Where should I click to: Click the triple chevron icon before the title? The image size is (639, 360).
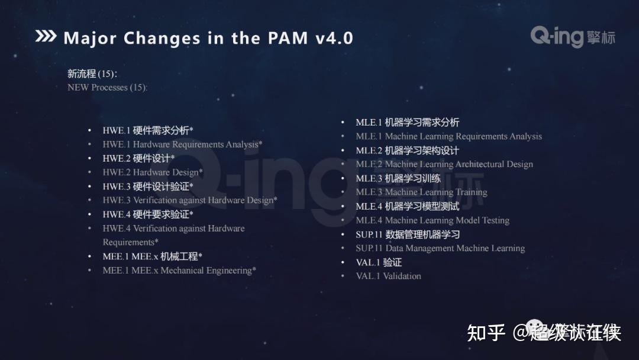click(x=46, y=37)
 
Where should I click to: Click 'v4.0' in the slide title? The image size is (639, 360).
click(x=334, y=38)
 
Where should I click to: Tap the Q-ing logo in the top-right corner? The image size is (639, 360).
click(x=572, y=37)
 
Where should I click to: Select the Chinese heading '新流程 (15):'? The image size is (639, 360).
click(x=92, y=74)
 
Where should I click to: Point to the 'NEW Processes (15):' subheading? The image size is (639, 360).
click(x=107, y=88)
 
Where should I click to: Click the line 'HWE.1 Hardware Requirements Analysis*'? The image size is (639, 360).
click(x=182, y=144)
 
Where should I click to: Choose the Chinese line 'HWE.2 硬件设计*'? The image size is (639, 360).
click(x=138, y=159)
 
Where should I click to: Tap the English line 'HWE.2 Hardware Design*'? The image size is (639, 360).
click(x=153, y=172)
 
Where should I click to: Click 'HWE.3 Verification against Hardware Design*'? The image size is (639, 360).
click(x=189, y=200)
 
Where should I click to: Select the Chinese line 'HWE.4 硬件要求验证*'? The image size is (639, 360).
click(x=148, y=214)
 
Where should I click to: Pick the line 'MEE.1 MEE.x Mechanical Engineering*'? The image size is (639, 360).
click(x=179, y=271)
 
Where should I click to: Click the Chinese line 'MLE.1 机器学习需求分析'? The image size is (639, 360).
click(x=407, y=123)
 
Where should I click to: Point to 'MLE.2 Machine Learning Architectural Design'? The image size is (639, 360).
click(x=444, y=165)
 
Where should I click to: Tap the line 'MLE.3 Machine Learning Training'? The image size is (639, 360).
click(x=421, y=192)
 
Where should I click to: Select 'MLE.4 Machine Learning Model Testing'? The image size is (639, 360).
click(x=433, y=220)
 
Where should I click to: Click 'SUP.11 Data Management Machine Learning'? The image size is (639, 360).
click(x=440, y=249)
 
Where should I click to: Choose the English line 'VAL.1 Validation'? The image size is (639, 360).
click(x=388, y=277)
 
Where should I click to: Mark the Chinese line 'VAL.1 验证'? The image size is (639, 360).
click(x=379, y=262)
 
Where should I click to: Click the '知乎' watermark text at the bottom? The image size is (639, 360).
click(x=486, y=333)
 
